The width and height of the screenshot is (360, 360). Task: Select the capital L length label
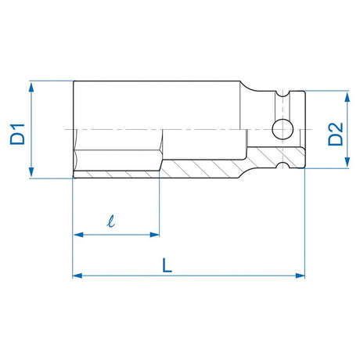[167, 265]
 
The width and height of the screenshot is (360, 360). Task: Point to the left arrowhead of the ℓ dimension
[77, 233]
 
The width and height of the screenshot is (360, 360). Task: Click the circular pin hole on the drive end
[279, 128]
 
